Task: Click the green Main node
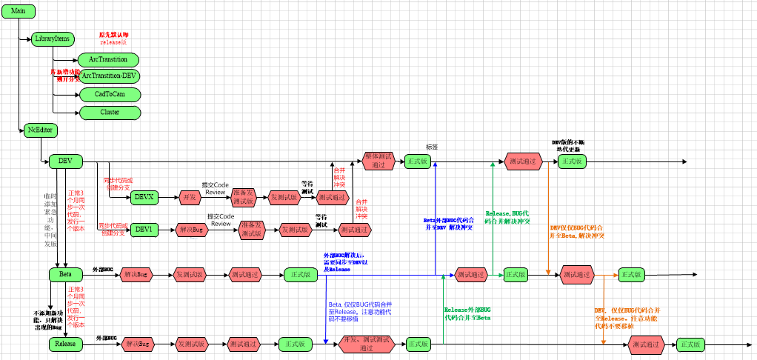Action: (19, 11)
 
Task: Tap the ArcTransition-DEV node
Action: (109, 76)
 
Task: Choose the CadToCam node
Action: (110, 94)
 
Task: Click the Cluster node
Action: (110, 112)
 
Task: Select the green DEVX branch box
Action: (144, 197)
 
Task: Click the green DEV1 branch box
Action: (143, 230)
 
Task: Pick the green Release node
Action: (65, 344)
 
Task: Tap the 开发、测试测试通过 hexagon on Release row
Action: (366, 344)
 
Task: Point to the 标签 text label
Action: (433, 146)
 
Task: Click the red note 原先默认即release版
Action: (114, 39)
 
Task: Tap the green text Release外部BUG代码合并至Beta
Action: (467, 313)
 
